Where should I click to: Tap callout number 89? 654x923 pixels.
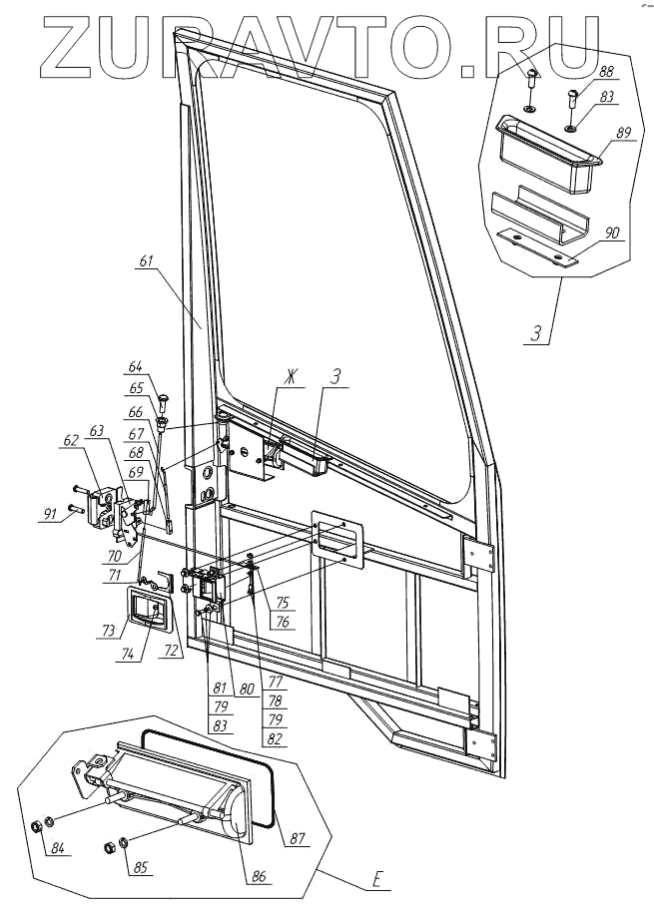pos(625,133)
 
